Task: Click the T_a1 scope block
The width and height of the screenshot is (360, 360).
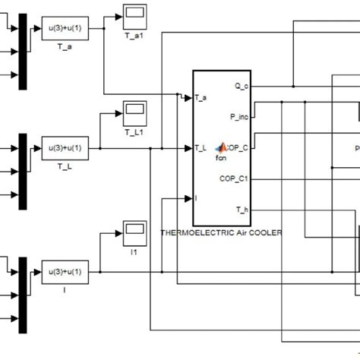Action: (134, 13)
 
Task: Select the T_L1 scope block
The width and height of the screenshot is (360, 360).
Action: (134, 112)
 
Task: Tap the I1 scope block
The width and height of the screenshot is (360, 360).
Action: (134, 231)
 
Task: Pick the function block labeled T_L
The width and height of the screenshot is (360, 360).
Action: (65, 147)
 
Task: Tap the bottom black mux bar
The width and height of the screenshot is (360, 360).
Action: (24, 292)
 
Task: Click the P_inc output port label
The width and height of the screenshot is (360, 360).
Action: (238, 117)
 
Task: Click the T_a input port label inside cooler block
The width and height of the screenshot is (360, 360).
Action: (201, 98)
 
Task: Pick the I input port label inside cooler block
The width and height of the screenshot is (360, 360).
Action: (197, 198)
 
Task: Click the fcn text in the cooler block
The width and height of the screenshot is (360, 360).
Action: (222, 158)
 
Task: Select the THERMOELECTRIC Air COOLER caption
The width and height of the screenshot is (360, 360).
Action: (220, 232)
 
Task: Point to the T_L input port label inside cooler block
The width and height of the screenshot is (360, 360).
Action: (201, 148)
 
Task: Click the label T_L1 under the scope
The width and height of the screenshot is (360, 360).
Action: (134, 131)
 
